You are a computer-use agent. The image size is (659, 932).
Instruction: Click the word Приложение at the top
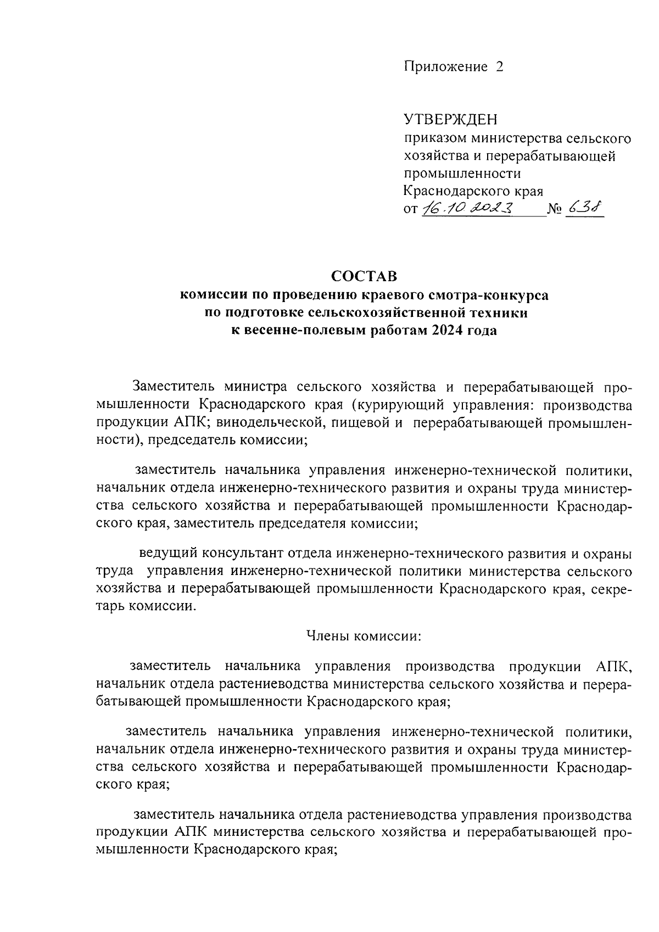click(x=445, y=67)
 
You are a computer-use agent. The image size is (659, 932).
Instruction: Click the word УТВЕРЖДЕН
click(x=450, y=120)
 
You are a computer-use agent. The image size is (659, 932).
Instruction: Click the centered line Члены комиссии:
click(x=363, y=636)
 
